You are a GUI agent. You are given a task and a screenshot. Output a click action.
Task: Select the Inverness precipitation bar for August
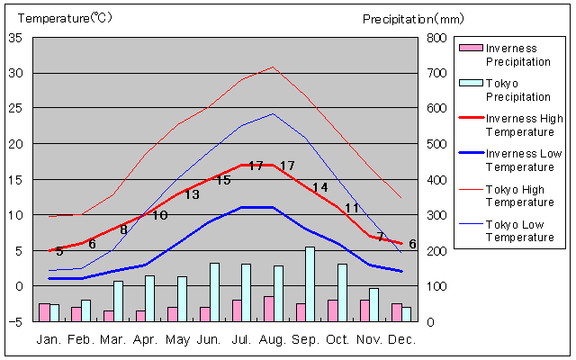(268, 309)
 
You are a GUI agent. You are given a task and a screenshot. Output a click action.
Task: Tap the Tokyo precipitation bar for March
(118, 301)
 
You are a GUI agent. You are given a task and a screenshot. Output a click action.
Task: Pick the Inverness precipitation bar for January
(44, 312)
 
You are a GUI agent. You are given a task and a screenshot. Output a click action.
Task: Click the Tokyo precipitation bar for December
(406, 314)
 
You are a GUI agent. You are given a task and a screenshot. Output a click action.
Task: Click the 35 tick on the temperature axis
(17, 38)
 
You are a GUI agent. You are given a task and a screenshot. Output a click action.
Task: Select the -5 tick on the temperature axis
(17, 321)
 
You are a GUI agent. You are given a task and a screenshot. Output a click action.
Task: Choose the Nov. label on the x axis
(369, 339)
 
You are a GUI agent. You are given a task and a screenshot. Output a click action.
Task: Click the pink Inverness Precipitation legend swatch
(470, 48)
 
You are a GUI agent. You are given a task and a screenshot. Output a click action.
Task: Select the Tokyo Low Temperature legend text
(520, 230)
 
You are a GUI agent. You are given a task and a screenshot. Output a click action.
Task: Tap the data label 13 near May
(192, 194)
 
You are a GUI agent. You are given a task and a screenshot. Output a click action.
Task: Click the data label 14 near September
(319, 187)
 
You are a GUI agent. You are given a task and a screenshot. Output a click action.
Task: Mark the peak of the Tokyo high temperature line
(273, 67)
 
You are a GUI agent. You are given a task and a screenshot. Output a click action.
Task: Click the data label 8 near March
(124, 229)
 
